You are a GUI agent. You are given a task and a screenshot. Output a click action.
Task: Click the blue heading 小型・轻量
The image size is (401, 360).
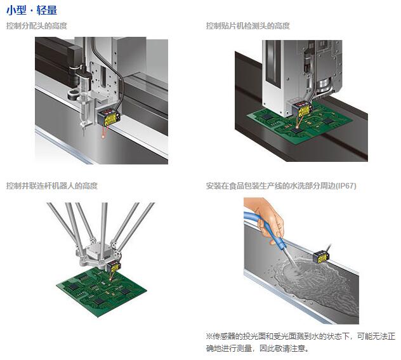32,11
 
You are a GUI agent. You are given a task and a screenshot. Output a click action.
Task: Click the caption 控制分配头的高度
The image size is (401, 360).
37,26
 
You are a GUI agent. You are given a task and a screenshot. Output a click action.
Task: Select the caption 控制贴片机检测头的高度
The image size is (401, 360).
248,26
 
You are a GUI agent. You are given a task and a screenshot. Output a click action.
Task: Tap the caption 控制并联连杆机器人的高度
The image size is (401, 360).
52,185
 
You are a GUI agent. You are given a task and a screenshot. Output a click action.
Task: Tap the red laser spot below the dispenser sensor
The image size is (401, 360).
103,137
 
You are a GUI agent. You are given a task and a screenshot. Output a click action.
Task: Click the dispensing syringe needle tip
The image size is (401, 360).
83,135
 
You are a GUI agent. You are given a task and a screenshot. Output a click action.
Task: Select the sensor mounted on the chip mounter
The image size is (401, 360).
302,109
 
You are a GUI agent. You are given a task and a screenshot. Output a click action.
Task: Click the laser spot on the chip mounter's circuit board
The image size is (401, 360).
297,127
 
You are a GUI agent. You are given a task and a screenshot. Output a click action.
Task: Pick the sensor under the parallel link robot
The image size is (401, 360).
114,267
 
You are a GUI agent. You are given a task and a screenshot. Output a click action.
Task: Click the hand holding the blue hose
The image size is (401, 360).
268,218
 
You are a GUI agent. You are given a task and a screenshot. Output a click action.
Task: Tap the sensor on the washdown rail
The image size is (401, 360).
321,257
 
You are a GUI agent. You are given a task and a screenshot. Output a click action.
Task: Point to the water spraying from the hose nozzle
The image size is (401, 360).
291,259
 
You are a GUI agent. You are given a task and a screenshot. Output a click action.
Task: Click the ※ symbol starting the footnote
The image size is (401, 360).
209,336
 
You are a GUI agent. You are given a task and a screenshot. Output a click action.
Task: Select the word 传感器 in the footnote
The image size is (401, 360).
224,336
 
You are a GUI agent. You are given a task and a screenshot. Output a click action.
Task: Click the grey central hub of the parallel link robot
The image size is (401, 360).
98,252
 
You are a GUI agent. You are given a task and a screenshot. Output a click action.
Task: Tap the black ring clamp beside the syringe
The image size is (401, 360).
74,94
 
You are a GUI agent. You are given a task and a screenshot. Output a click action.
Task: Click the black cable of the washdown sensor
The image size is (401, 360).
330,248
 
